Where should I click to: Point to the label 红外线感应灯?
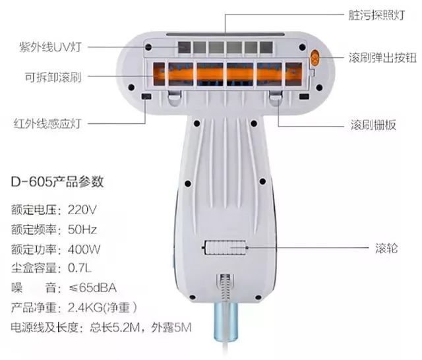pos(46,123)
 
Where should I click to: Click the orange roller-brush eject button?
pos(315,58)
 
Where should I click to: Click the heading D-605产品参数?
pos(58,180)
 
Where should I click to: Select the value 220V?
pos(82,210)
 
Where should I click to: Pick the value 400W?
pos(84,249)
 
